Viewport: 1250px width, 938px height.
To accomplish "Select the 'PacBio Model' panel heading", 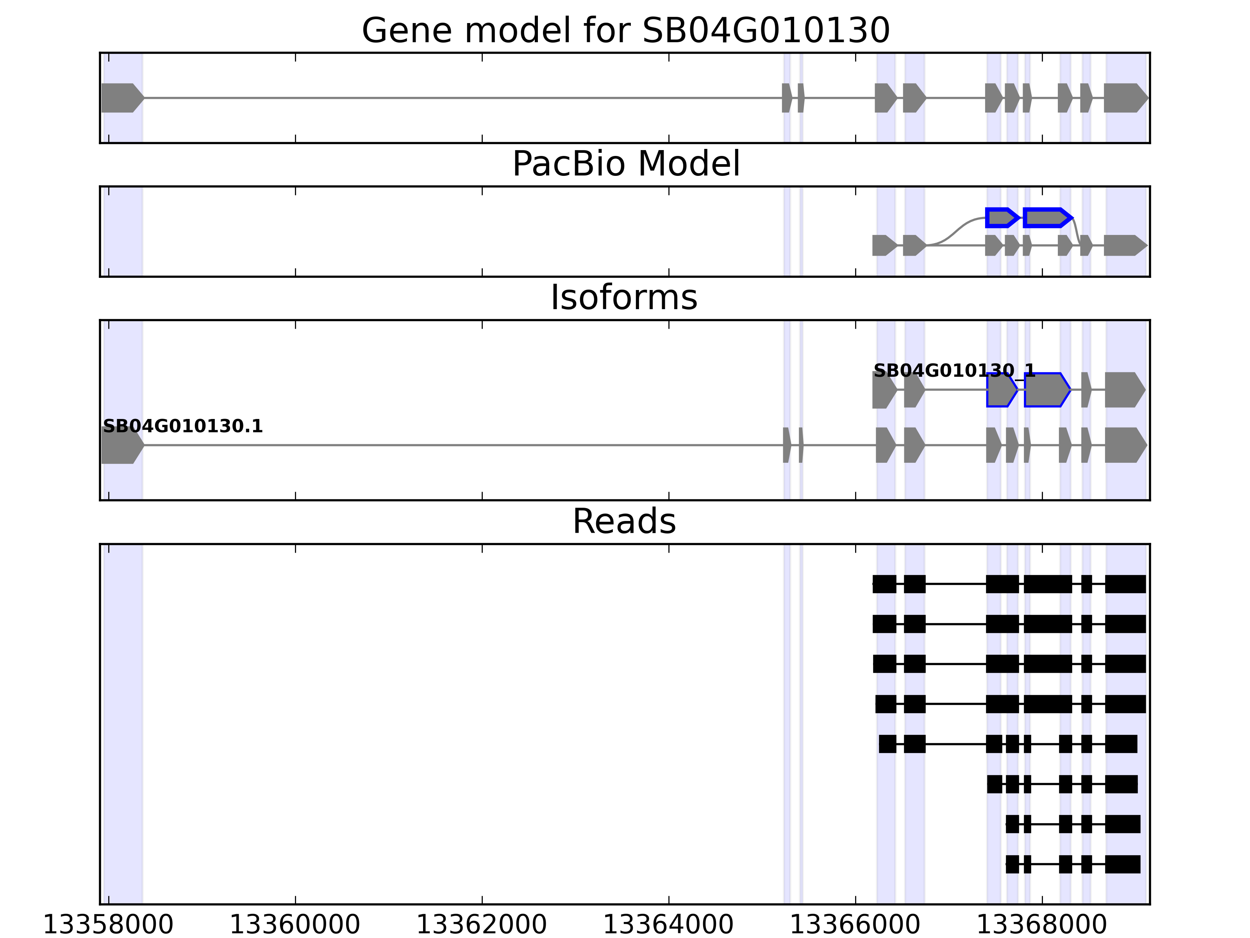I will pyautogui.click(x=625, y=164).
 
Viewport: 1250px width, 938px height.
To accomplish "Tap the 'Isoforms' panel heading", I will pyautogui.click(x=624, y=297).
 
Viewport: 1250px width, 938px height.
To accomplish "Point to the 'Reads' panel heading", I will pyautogui.click(x=624, y=521).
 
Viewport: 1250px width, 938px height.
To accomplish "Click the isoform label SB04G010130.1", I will pyautogui.click(x=182, y=426).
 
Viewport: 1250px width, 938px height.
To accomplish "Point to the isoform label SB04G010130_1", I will pyautogui.click(x=954, y=371).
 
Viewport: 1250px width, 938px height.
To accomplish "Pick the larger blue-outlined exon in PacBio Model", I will pyautogui.click(x=1046, y=218).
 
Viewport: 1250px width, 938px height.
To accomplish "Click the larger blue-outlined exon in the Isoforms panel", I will pyautogui.click(x=1046, y=390).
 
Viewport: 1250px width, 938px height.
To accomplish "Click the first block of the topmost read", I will pyautogui.click(x=884, y=584).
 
